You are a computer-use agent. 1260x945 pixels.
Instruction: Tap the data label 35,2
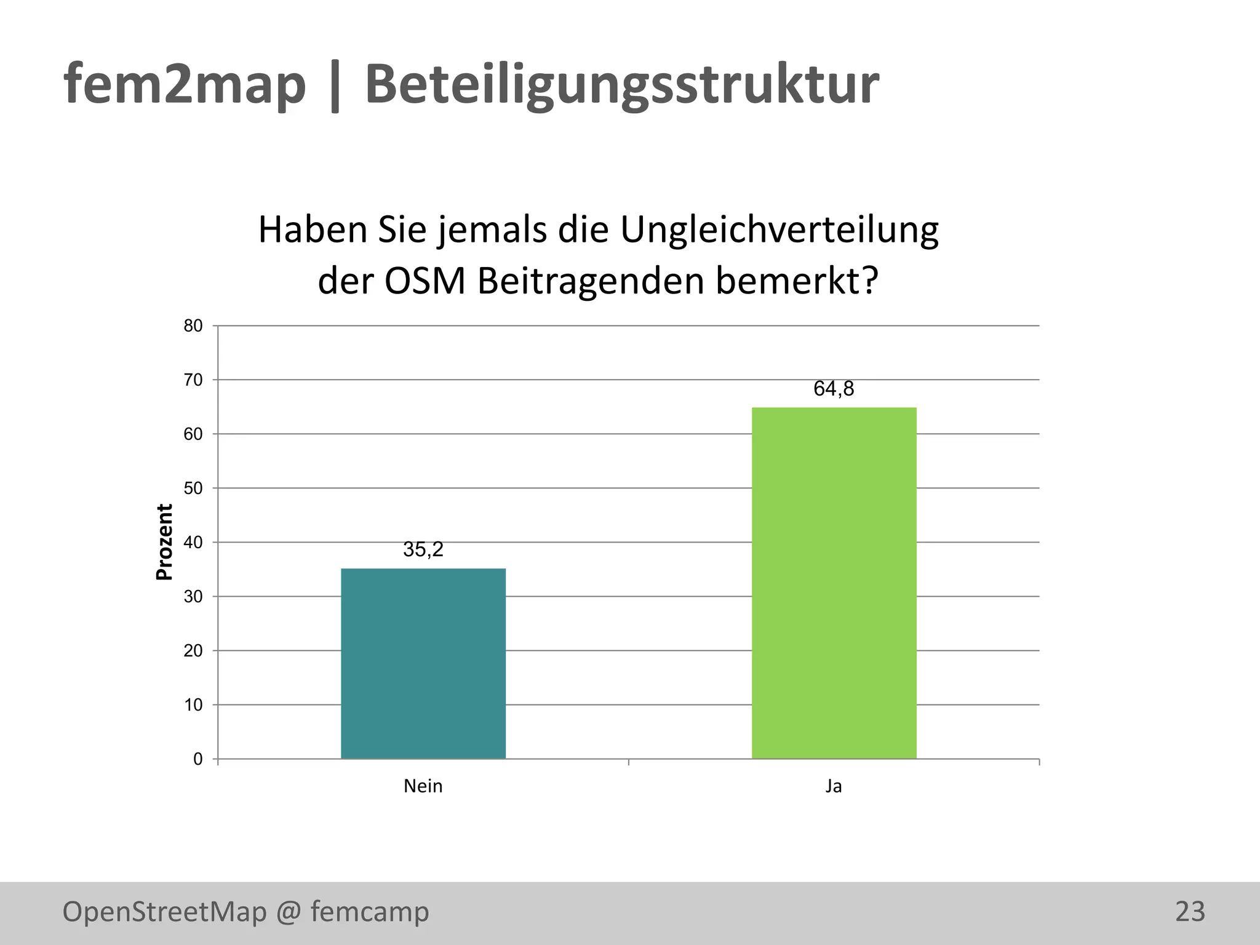tap(423, 549)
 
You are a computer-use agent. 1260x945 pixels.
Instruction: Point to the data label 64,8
tap(834, 389)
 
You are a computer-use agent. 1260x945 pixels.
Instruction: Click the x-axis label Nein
tap(423, 786)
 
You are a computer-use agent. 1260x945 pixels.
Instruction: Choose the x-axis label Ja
tap(834, 786)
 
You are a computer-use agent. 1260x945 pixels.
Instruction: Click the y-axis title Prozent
tap(164, 542)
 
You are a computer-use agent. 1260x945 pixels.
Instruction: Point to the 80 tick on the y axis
tap(193, 326)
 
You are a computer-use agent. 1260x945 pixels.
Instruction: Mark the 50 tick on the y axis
tap(193, 488)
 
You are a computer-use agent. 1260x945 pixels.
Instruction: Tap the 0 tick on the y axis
tap(197, 759)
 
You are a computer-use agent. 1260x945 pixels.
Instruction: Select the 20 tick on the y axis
tap(193, 651)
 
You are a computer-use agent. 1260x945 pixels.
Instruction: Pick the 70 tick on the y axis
tap(193, 380)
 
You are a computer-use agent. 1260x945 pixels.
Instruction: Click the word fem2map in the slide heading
tap(185, 85)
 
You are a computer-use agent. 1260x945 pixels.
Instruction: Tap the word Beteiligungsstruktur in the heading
tap(621, 85)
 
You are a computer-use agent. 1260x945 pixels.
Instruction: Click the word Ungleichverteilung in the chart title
tap(779, 230)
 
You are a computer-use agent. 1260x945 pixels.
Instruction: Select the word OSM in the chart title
tap(425, 281)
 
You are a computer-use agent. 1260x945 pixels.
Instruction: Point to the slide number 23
tap(1190, 912)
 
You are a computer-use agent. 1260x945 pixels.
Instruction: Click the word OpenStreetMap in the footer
tap(164, 912)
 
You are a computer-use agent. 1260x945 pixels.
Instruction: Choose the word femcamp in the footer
tap(370, 912)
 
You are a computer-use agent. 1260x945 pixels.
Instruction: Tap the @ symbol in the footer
tap(289, 912)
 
